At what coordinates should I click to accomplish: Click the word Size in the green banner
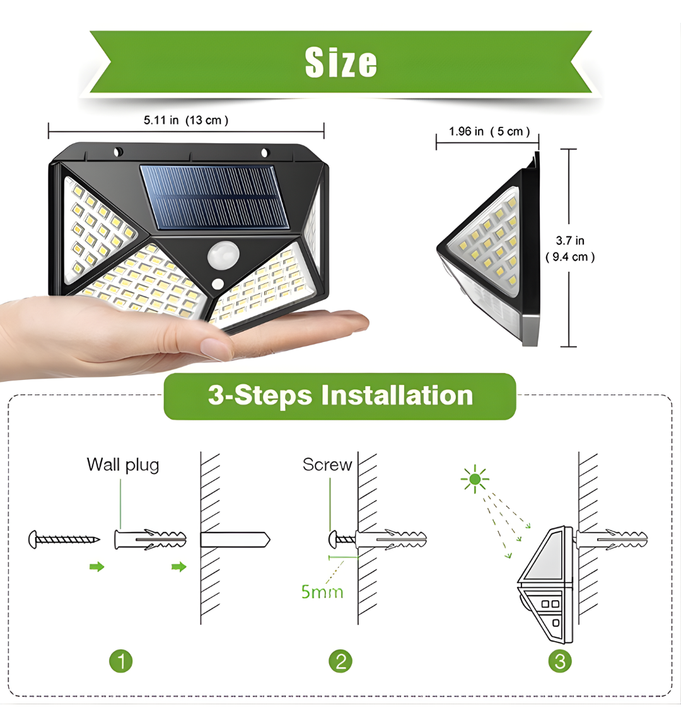340,62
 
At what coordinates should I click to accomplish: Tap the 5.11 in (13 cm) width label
186,120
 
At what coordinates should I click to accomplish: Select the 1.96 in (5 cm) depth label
489,131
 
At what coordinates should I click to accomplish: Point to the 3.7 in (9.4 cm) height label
570,249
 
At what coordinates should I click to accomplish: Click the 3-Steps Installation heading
340,396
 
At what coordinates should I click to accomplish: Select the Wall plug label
123,465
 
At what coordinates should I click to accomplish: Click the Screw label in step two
327,464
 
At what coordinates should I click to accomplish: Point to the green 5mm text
322,592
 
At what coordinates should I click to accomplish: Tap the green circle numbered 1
121,661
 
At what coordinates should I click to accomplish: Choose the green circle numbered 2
340,661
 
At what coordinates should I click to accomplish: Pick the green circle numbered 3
560,661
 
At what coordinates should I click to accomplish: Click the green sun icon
475,480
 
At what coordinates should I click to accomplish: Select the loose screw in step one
64,540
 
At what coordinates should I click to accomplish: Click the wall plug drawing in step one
150,540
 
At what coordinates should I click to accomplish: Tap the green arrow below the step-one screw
96,567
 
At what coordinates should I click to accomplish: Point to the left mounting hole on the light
118,152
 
